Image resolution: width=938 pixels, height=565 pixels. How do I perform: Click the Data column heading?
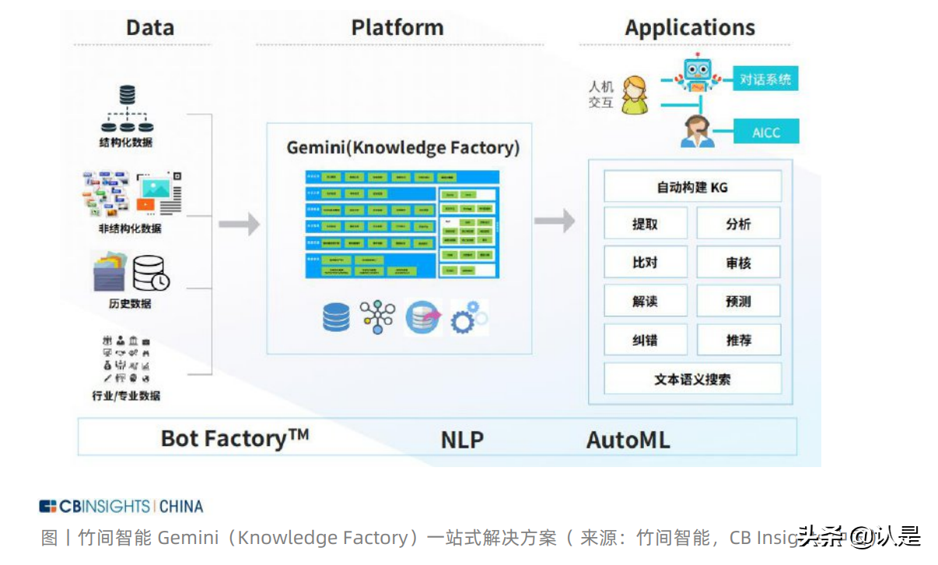point(149,28)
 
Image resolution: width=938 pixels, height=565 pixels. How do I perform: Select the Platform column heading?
point(397,28)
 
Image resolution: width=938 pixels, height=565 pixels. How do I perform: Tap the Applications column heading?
point(689,28)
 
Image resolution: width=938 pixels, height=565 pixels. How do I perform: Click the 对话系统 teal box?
point(765,78)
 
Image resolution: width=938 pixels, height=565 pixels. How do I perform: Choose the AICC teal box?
point(765,132)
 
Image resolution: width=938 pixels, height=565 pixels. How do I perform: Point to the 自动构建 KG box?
point(692,187)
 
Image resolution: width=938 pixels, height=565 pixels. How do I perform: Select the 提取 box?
point(645,224)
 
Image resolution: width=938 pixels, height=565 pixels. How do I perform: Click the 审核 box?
point(737,263)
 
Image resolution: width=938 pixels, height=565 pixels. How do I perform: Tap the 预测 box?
point(737,301)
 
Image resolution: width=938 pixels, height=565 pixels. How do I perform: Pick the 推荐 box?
point(737,340)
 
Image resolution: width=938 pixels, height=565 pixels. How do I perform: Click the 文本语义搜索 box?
point(692,379)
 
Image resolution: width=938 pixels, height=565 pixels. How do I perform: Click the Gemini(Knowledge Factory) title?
point(403,148)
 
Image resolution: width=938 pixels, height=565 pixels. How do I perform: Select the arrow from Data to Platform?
point(239,225)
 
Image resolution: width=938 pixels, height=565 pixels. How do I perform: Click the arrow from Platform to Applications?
point(555,221)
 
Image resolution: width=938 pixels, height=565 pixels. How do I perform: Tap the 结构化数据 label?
point(126,142)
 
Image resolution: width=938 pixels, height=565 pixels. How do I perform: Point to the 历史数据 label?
point(130,303)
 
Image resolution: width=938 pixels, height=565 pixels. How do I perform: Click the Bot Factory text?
point(234,438)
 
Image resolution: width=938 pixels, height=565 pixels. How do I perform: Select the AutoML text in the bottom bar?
point(628,440)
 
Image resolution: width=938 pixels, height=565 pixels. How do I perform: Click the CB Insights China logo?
point(121,507)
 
